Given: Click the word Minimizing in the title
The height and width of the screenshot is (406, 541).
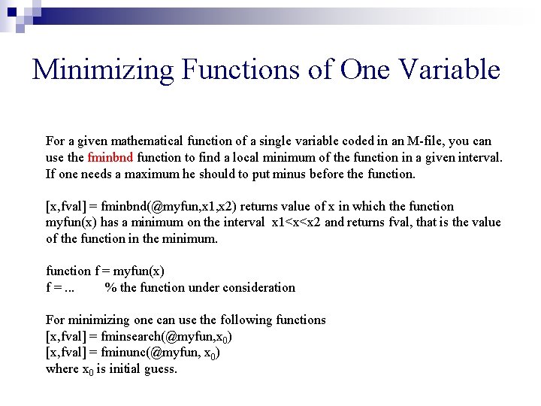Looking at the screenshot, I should pos(102,70).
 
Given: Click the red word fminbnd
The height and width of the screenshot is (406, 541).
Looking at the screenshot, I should pos(110,157).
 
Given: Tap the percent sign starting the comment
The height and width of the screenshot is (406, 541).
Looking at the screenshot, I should pos(110,287).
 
